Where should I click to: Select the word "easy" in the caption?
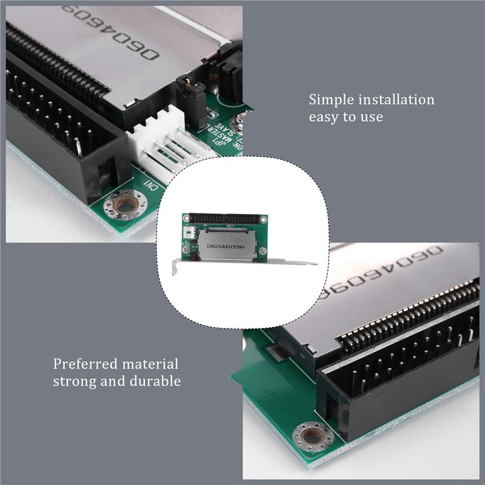tap(327, 116)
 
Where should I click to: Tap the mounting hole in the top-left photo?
tap(125, 206)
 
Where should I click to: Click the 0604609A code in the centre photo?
tap(226, 247)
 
